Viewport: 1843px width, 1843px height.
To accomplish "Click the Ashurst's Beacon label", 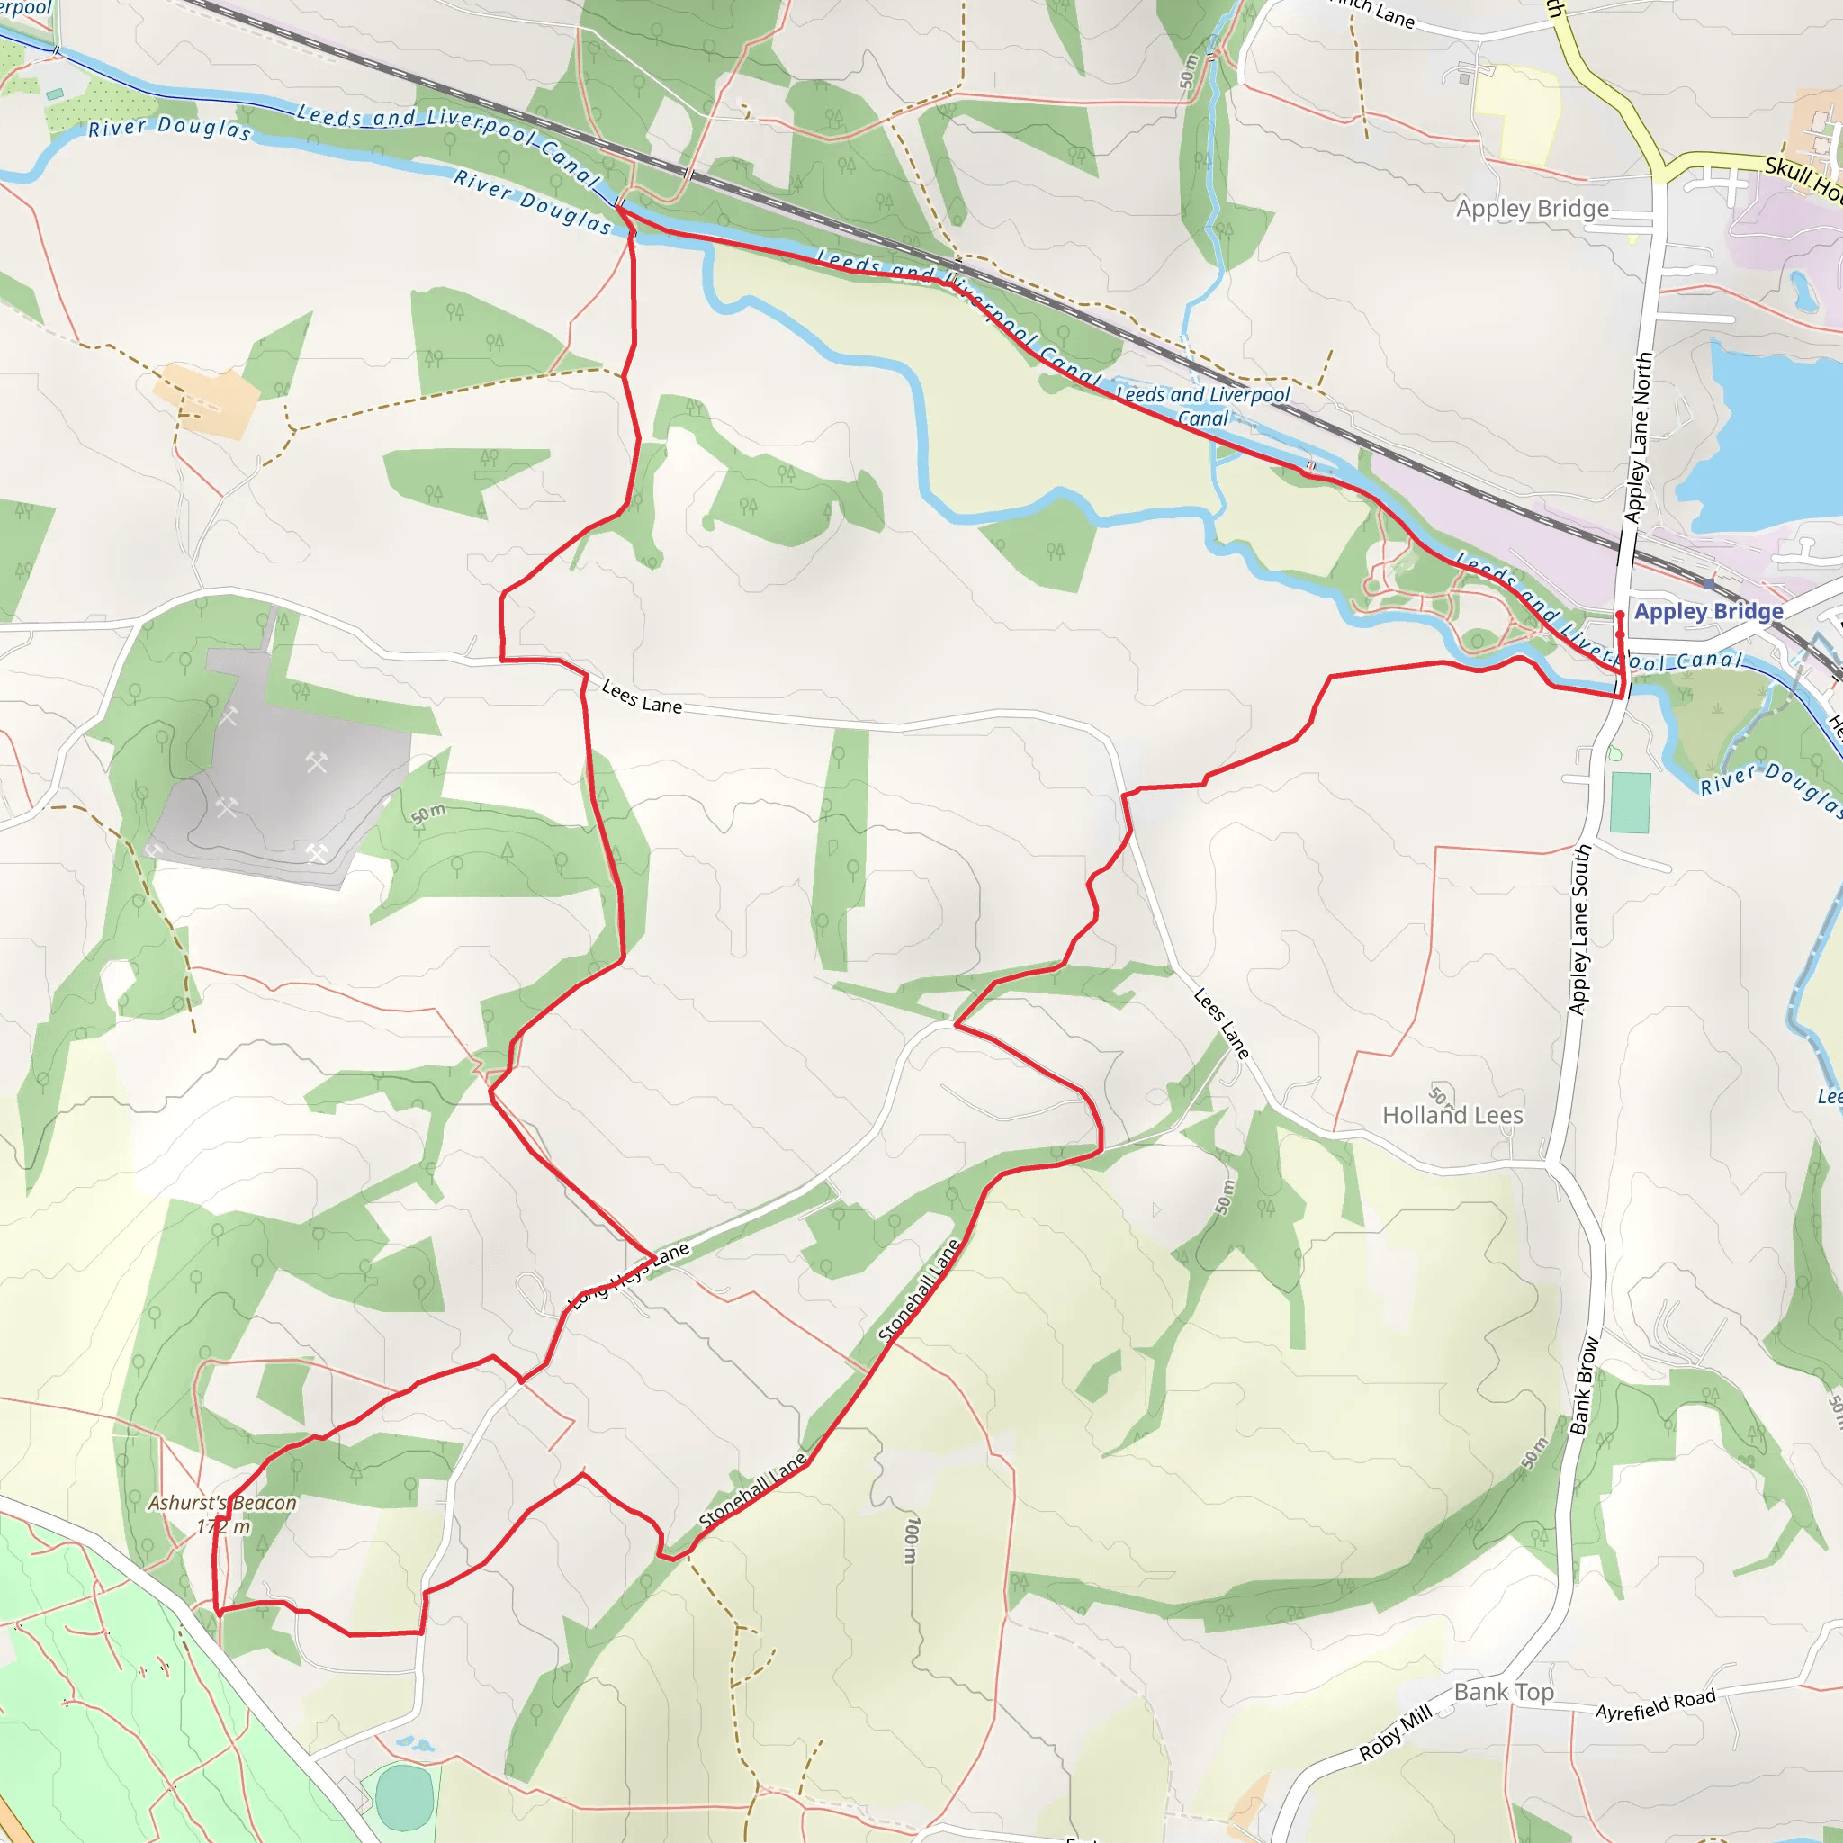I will click(x=222, y=1504).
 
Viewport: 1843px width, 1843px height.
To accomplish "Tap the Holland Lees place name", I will click(x=1452, y=1115).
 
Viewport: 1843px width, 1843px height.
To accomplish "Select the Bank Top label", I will click(x=1504, y=1693).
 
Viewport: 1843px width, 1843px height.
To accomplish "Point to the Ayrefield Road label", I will click(x=1655, y=1704).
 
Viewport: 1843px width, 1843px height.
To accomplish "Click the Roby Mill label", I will click(x=1395, y=1731).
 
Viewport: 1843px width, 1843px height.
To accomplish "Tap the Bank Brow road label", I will click(x=1584, y=1385).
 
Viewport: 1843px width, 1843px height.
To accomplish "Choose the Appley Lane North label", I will click(x=1638, y=436).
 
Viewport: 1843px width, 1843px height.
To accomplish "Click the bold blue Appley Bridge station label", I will click(x=1709, y=611).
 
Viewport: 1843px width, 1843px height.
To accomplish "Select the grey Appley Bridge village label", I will click(x=1532, y=209).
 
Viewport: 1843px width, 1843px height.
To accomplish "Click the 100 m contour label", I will click(x=912, y=1541).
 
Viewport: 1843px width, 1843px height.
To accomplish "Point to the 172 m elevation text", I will click(x=223, y=1527).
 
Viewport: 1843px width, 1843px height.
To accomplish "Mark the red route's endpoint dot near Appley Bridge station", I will click(x=1620, y=616).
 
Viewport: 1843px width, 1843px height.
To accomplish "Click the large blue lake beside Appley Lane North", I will click(x=1765, y=439).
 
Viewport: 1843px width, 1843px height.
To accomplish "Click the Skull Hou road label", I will click(x=1803, y=178).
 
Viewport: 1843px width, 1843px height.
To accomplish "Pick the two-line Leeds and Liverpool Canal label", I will click(x=1203, y=407).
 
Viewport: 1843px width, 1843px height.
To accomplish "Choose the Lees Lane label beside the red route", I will click(x=642, y=697).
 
